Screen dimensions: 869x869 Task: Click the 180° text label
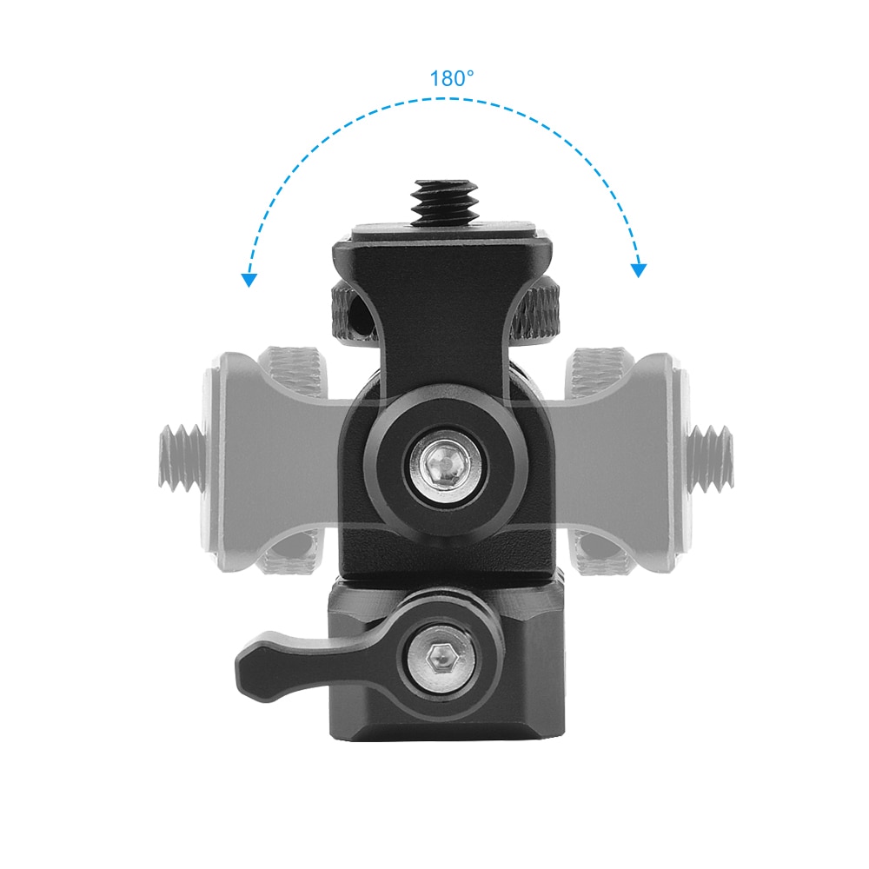[452, 79]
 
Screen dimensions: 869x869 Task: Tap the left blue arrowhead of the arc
[250, 280]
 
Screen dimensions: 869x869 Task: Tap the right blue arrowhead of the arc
[639, 270]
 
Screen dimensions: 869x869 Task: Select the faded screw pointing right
[711, 458]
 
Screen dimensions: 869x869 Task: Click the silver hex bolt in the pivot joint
[445, 461]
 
